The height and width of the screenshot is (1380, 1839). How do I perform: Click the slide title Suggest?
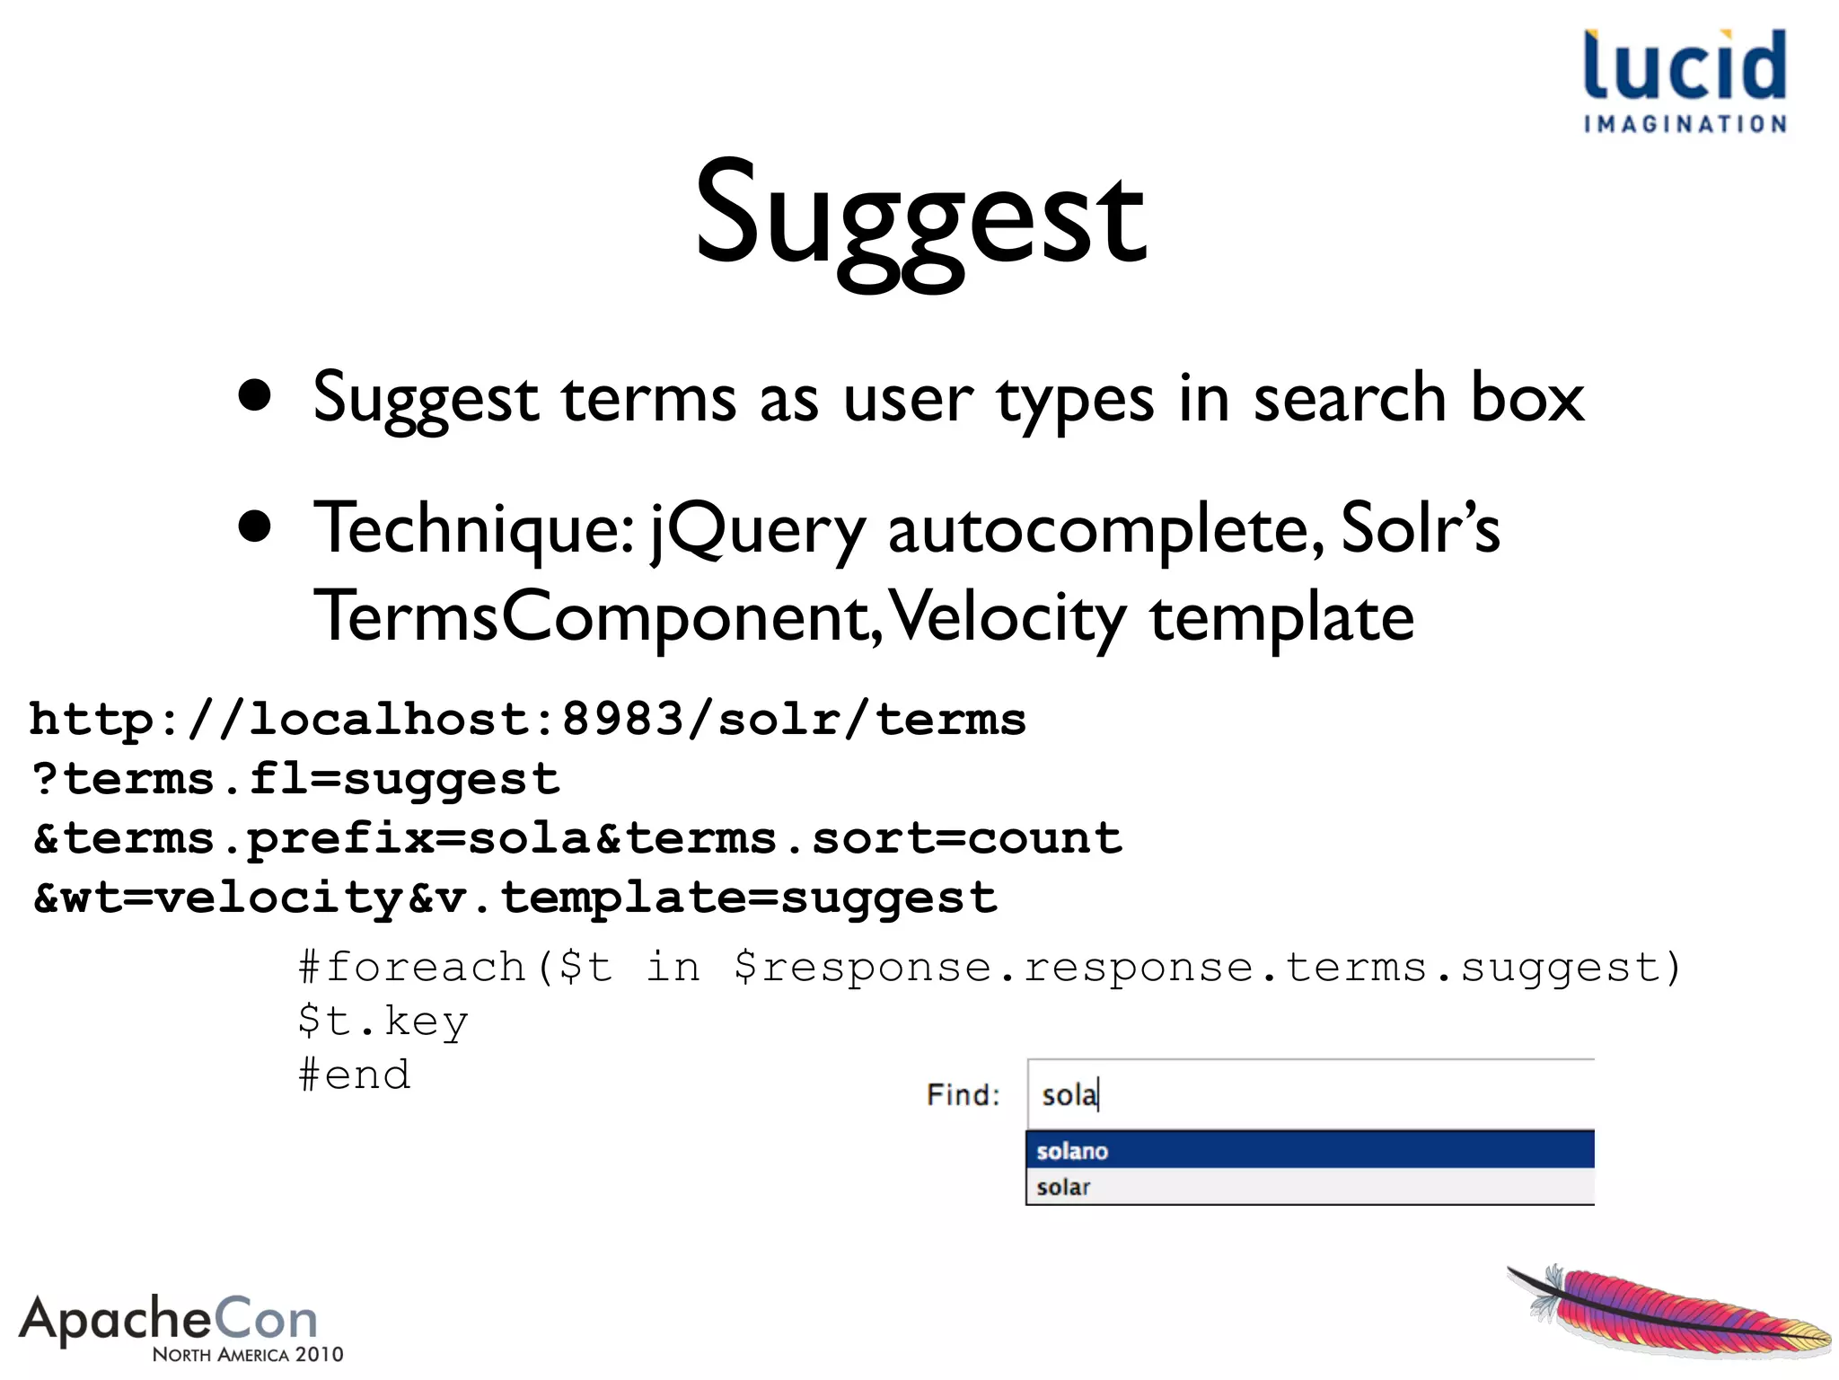tap(920, 220)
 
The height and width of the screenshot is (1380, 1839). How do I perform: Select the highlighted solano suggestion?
tap(1072, 1151)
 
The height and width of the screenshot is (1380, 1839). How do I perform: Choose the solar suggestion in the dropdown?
tap(1063, 1187)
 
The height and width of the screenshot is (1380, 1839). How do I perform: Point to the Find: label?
tap(963, 1095)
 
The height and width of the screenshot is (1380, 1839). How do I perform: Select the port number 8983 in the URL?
tap(623, 720)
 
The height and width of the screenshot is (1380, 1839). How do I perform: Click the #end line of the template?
tap(355, 1075)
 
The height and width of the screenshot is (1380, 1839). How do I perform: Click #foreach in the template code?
tap(413, 968)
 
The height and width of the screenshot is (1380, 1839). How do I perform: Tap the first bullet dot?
tap(255, 396)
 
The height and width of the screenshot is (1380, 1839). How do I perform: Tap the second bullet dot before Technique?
tap(255, 527)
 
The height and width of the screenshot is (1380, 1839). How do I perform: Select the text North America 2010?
tap(248, 1354)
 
